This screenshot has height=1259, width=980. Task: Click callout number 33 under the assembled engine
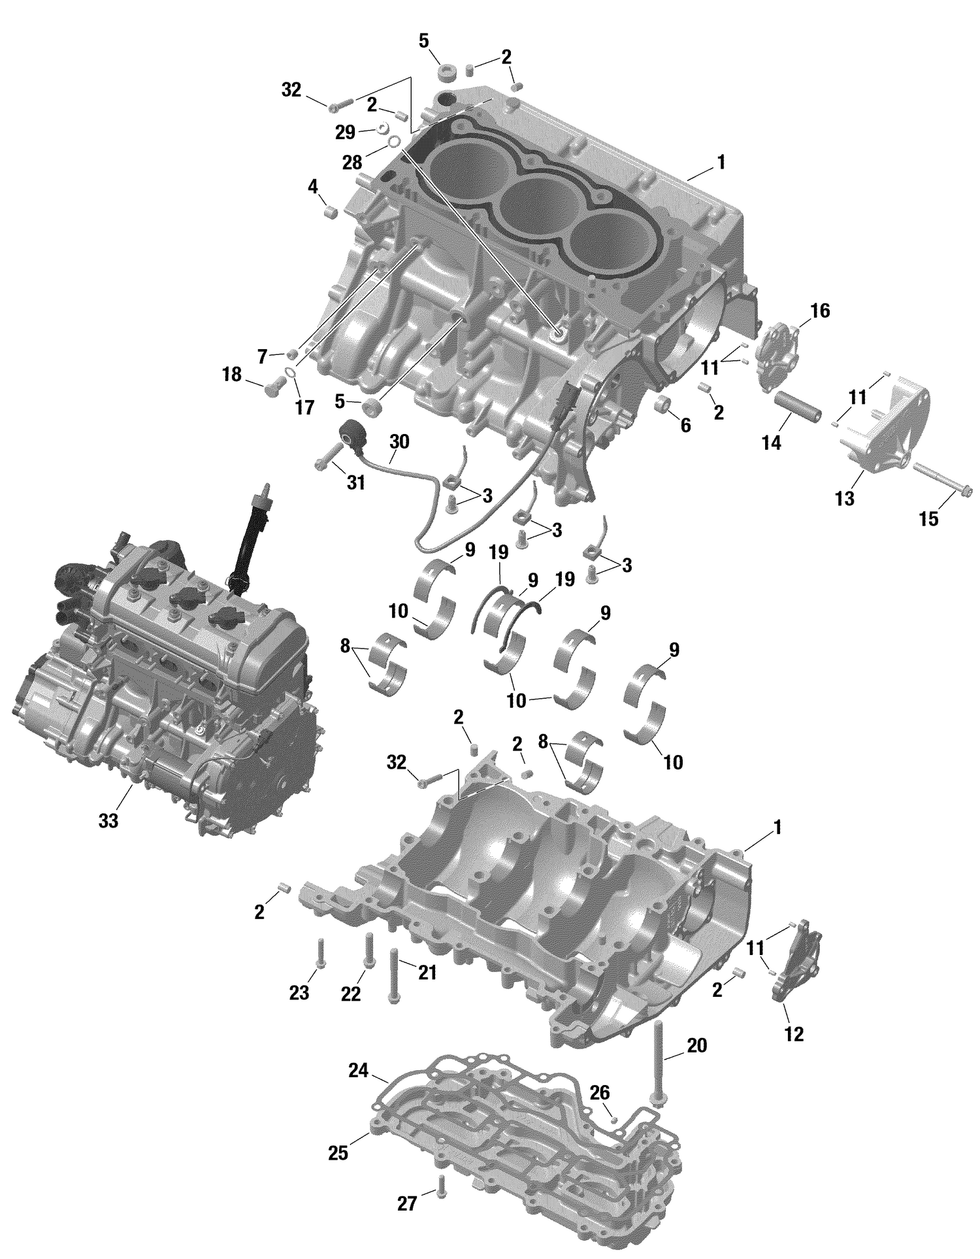pyautogui.click(x=108, y=820)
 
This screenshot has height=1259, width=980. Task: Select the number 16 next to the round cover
pyautogui.click(x=820, y=311)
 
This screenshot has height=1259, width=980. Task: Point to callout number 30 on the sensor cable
pyautogui.click(x=399, y=442)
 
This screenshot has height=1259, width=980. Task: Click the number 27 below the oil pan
pyautogui.click(x=407, y=1203)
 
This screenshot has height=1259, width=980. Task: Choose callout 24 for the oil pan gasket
pyautogui.click(x=358, y=1071)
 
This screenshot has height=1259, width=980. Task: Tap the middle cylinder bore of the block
pyautogui.click(x=536, y=203)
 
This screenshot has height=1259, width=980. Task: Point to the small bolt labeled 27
pyautogui.click(x=442, y=1186)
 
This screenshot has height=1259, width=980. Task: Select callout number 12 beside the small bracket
pyautogui.click(x=794, y=1034)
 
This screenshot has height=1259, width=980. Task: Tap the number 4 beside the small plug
pyautogui.click(x=314, y=188)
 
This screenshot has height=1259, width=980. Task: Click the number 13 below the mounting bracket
pyautogui.click(x=844, y=499)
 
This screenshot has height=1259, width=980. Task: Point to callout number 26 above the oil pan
pyautogui.click(x=600, y=1092)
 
